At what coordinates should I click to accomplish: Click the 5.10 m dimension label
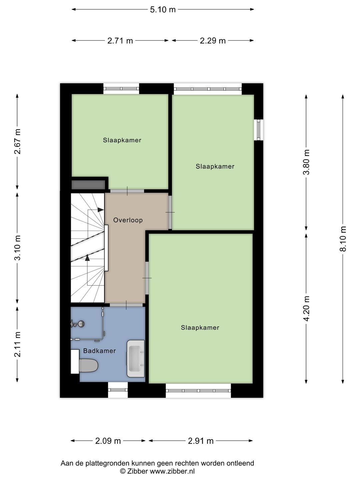pyautogui.click(x=163, y=9)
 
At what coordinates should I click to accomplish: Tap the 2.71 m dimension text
pyautogui.click(x=120, y=41)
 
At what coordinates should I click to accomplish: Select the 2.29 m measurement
pyautogui.click(x=213, y=41)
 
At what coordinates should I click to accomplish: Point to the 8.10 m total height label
pyautogui.click(x=343, y=239)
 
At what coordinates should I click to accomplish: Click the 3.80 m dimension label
pyautogui.click(x=307, y=162)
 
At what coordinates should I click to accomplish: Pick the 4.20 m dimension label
pyautogui.click(x=307, y=308)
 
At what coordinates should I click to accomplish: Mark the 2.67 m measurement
pyautogui.click(x=18, y=141)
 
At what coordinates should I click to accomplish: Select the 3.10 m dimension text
pyautogui.click(x=18, y=247)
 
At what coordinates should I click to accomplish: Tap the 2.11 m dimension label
pyautogui.click(x=18, y=344)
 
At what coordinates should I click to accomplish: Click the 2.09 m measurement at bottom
pyautogui.click(x=108, y=441)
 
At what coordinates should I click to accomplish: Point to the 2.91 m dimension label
pyautogui.click(x=201, y=441)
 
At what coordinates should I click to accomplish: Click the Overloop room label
pyautogui.click(x=128, y=220)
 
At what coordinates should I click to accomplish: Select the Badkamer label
pyautogui.click(x=99, y=351)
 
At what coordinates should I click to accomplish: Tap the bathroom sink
pyautogui.click(x=136, y=359)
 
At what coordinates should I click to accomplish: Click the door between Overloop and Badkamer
pyautogui.click(x=126, y=305)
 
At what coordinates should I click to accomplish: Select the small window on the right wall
pyautogui.click(x=258, y=129)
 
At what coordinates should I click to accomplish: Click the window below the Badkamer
pyautogui.click(x=118, y=390)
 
